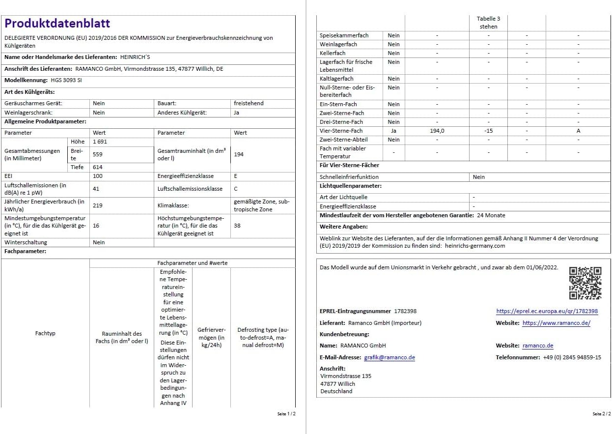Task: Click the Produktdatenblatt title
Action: pyautogui.click(x=57, y=24)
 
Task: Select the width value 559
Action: pyautogui.click(x=98, y=154)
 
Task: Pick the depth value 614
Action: pyautogui.click(x=98, y=167)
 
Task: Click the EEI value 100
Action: pyautogui.click(x=98, y=176)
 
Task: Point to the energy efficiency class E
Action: pyautogui.click(x=236, y=176)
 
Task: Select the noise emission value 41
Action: pyautogui.click(x=96, y=189)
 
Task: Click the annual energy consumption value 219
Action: pyautogui.click(x=98, y=205)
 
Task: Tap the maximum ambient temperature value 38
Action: pyautogui.click(x=238, y=226)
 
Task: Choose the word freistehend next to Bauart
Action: pyautogui.click(x=249, y=103)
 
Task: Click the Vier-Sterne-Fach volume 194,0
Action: pyautogui.click(x=437, y=131)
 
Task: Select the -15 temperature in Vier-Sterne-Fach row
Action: pyautogui.click(x=488, y=131)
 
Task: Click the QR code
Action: pyautogui.click(x=585, y=283)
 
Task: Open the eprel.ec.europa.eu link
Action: pyautogui.click(x=547, y=311)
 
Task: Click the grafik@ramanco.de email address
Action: pyautogui.click(x=389, y=357)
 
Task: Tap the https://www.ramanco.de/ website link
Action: pyautogui.click(x=556, y=323)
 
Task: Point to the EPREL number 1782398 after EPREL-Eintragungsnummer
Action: pyautogui.click(x=405, y=311)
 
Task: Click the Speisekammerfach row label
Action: pyautogui.click(x=344, y=35)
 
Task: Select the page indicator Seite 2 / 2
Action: pyautogui.click(x=601, y=414)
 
